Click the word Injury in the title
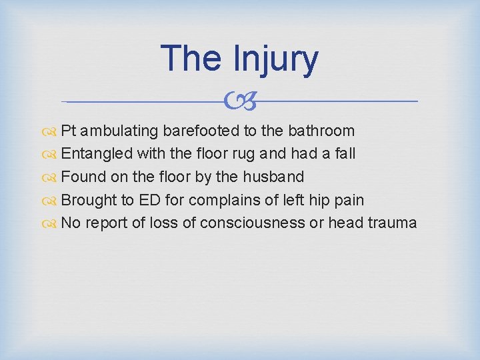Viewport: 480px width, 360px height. click(276, 59)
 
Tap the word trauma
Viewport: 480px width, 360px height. click(392, 223)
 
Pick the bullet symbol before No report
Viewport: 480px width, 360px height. click(52, 223)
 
